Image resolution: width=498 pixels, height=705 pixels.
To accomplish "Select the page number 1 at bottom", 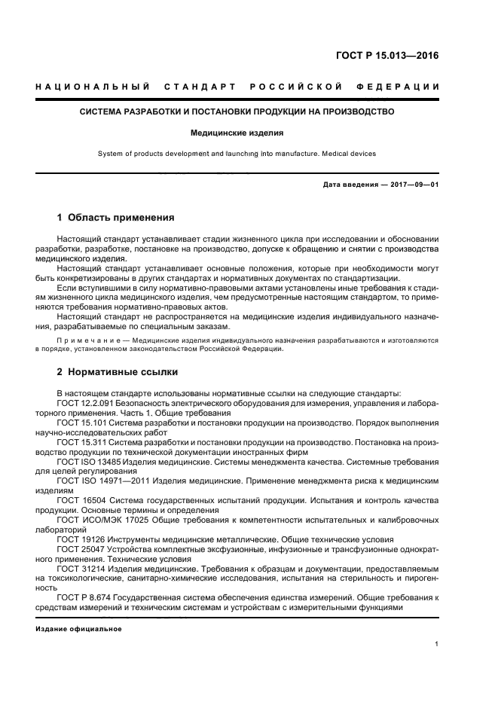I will pos(437,644).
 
